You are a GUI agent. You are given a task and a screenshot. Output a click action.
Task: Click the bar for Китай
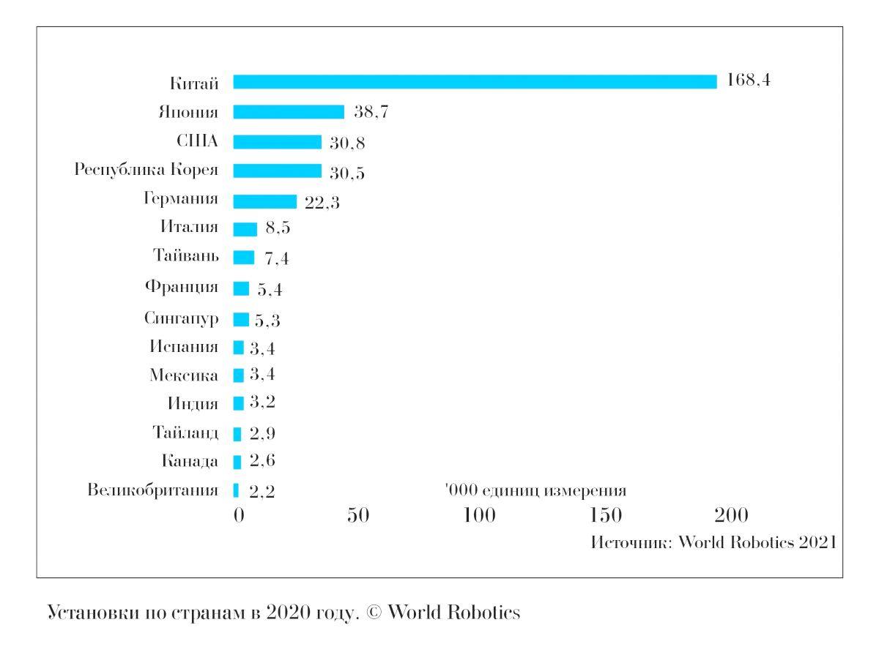(x=475, y=81)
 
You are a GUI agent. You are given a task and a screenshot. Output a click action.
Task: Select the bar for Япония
(x=289, y=112)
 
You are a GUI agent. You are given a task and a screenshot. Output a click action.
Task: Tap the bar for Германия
(x=264, y=201)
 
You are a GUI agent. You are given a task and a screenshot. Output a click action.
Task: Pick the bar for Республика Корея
(x=277, y=171)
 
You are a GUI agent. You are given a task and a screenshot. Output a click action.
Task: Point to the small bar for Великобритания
(x=236, y=490)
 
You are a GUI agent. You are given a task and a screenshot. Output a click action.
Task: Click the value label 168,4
(x=748, y=81)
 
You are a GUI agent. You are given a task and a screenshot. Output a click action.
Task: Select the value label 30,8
(x=347, y=143)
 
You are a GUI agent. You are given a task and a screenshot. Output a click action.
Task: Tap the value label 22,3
(x=322, y=203)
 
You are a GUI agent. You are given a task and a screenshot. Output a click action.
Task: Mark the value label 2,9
(x=262, y=434)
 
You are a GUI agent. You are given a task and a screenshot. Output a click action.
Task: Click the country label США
(x=197, y=141)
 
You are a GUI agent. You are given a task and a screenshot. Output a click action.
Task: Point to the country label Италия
(x=189, y=227)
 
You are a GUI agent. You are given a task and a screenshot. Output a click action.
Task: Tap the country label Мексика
(x=183, y=375)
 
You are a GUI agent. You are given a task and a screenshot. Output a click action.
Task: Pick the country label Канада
(x=190, y=461)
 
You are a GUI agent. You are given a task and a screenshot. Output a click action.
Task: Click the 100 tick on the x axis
(x=480, y=516)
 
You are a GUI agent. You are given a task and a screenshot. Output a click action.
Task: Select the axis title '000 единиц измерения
(x=535, y=490)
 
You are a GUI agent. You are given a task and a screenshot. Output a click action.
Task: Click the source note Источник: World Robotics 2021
(x=713, y=543)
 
